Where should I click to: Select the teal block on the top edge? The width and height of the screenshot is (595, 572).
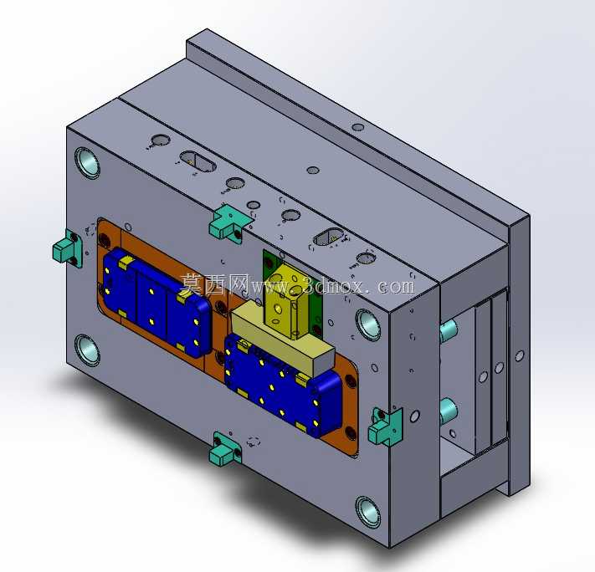(x=228, y=222)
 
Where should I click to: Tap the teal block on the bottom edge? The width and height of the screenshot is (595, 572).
(x=225, y=449)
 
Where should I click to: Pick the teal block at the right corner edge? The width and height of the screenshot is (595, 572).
(x=385, y=427)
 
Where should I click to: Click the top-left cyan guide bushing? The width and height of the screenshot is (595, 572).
(x=87, y=163)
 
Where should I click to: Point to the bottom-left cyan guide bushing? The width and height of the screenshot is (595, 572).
(x=87, y=350)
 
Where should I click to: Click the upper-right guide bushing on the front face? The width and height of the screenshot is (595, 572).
(x=367, y=324)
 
